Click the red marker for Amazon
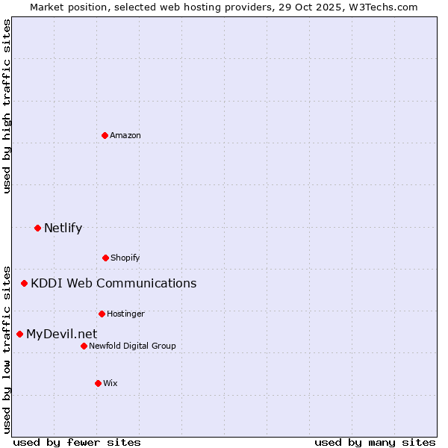pyautogui.click(x=105, y=135)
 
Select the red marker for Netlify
pyautogui.click(x=37, y=228)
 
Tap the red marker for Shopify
pyautogui.click(x=105, y=258)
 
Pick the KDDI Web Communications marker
pyautogui.click(x=24, y=283)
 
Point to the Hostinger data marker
pyautogui.click(x=102, y=314)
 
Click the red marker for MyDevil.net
pyautogui.click(x=19, y=334)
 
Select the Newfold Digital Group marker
pyautogui.click(x=84, y=346)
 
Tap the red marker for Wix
pyautogui.click(x=98, y=383)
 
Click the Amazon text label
pyautogui.click(x=125, y=135)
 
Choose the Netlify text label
pyautogui.click(x=63, y=228)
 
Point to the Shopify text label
pyautogui.click(x=125, y=258)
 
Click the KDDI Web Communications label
pyautogui.click(x=113, y=283)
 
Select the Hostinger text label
pyautogui.click(x=125, y=314)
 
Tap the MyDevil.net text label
pyautogui.click(x=61, y=334)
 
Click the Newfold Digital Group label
pyautogui.click(x=132, y=346)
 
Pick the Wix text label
pyautogui.click(x=111, y=383)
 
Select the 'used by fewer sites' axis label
pyautogui.click(x=77, y=442)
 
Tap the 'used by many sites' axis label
pyautogui.click(x=375, y=442)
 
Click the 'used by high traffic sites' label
pyautogui.click(x=7, y=106)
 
